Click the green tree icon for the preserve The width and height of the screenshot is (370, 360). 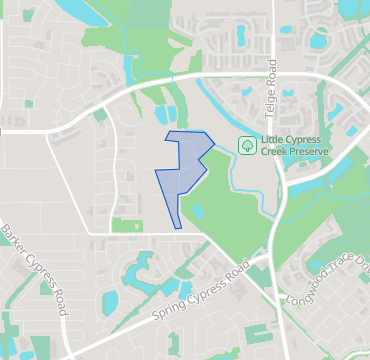(x=246, y=145)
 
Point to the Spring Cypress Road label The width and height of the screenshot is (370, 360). (x=198, y=296)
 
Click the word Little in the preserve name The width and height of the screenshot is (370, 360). (x=273, y=139)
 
